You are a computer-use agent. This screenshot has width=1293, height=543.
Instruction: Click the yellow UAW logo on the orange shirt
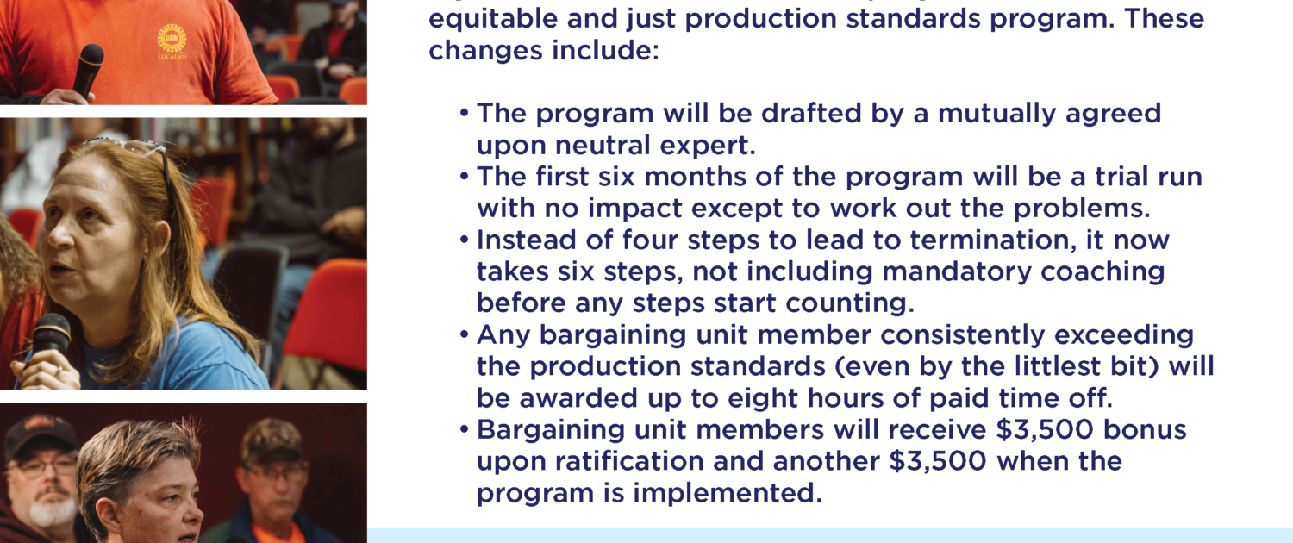(x=172, y=39)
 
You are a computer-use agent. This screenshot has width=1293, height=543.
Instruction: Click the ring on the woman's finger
(x=58, y=371)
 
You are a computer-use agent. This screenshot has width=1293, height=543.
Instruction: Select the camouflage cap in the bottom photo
(x=272, y=440)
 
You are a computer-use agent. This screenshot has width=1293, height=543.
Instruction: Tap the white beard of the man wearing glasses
(x=50, y=511)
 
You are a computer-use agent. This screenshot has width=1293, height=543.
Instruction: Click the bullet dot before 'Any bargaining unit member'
(x=464, y=334)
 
